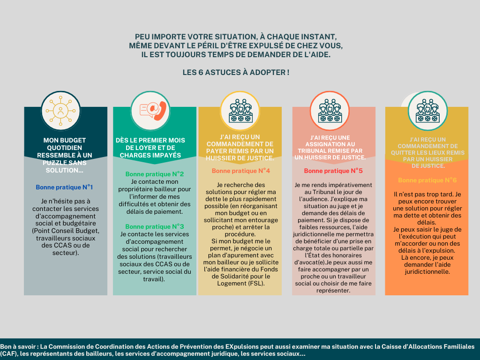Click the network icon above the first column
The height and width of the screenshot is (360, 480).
(x=60, y=111)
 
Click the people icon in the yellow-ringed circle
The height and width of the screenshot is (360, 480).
(x=240, y=111)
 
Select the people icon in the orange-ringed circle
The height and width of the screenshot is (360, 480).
(x=330, y=111)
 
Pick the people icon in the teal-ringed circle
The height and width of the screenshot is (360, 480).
(x=427, y=111)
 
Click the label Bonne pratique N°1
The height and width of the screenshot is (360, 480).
(x=64, y=187)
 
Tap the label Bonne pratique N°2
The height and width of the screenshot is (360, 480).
(x=155, y=174)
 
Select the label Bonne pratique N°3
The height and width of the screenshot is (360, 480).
(x=155, y=226)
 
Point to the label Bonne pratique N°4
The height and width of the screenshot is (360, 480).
(x=241, y=171)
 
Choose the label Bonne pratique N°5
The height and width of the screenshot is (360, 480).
(x=333, y=171)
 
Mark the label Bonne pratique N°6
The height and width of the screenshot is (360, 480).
(x=427, y=180)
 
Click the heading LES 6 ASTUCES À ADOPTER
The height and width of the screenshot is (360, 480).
(x=236, y=73)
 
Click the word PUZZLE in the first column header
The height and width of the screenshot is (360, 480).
(x=54, y=163)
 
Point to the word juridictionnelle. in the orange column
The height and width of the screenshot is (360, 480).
(x=427, y=272)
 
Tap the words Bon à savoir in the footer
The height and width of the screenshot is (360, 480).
(x=19, y=347)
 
